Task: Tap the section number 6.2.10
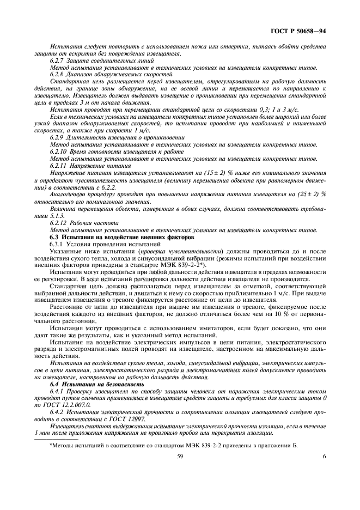pyautogui.click(x=59, y=151)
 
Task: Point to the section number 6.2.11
pyautogui.click(x=59, y=165)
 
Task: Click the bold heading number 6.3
pyautogui.click(x=54, y=238)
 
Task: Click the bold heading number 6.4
pyautogui.click(x=55, y=385)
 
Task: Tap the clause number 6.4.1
pyautogui.click(x=58, y=392)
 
